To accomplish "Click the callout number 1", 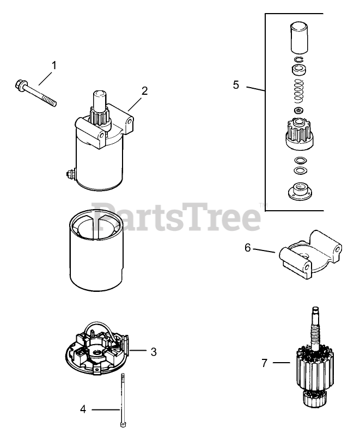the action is pos(54,65).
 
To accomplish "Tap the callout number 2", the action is pos(144,91).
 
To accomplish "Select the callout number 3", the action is pos(154,352).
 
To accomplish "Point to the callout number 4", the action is pos(83,409).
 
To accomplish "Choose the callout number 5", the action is pos(236,85).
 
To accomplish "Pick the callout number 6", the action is pos(248,247).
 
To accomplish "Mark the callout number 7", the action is pos(265,363).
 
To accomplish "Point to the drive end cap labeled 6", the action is pos(310,254).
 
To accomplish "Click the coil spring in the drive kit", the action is pos(299,90).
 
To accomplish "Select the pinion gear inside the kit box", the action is pos(300,132).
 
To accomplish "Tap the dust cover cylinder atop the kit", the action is pos(299,38).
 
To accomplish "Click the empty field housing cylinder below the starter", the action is pos(96,248).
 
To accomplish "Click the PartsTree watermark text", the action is pos(176,216).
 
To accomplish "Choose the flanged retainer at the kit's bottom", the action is pos(300,191).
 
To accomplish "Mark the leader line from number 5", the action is pos(256,89).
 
